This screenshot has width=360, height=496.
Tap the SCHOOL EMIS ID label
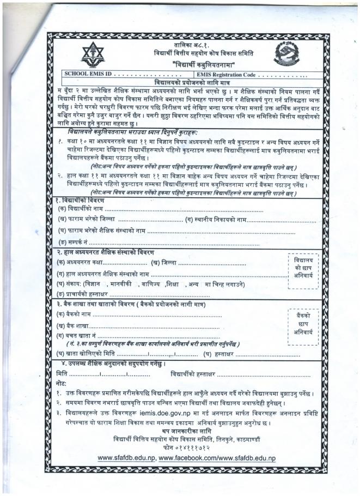click(x=87, y=74)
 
